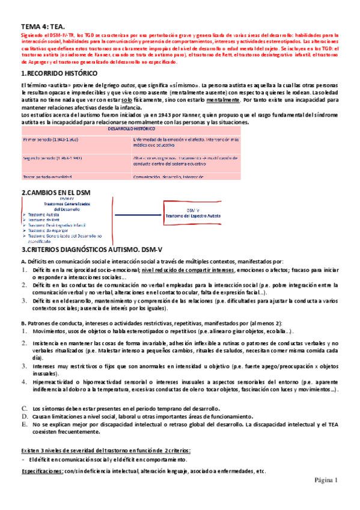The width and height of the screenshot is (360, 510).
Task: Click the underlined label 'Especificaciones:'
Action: (x=43, y=470)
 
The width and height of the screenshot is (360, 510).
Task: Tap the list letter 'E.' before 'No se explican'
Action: (x=25, y=424)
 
